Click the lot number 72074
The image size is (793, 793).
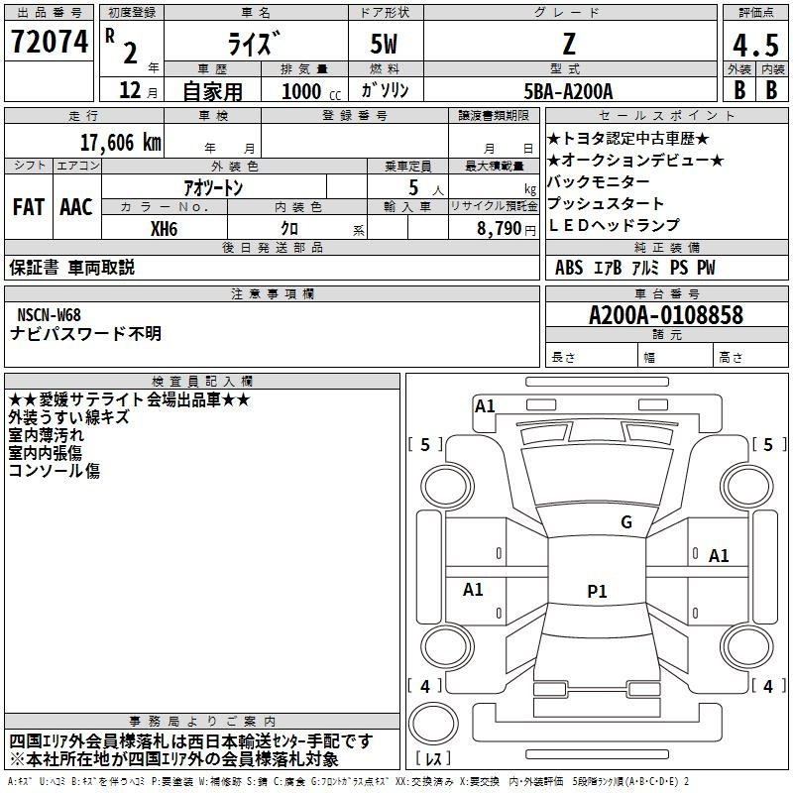tap(50, 42)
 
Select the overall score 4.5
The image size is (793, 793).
tap(755, 45)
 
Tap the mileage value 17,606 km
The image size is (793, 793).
tap(121, 143)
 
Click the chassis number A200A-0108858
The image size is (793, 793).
tap(666, 315)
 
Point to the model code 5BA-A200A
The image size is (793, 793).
tap(568, 91)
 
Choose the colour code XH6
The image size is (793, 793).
tap(164, 229)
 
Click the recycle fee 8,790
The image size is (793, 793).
tap(499, 229)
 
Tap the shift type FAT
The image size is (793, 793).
tap(29, 207)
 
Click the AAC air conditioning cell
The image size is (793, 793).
tap(76, 207)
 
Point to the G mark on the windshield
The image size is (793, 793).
tap(626, 522)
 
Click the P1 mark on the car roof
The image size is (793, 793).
tap(597, 591)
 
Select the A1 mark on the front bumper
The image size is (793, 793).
tap(485, 406)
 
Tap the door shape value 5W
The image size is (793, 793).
tap(384, 44)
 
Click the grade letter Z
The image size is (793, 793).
tap(569, 44)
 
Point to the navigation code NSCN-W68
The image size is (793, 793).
tap(49, 315)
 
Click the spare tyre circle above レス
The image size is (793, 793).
tap(433, 723)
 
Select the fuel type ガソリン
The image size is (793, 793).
tap(385, 90)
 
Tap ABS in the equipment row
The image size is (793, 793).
tap(569, 268)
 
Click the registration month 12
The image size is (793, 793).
tap(130, 90)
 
